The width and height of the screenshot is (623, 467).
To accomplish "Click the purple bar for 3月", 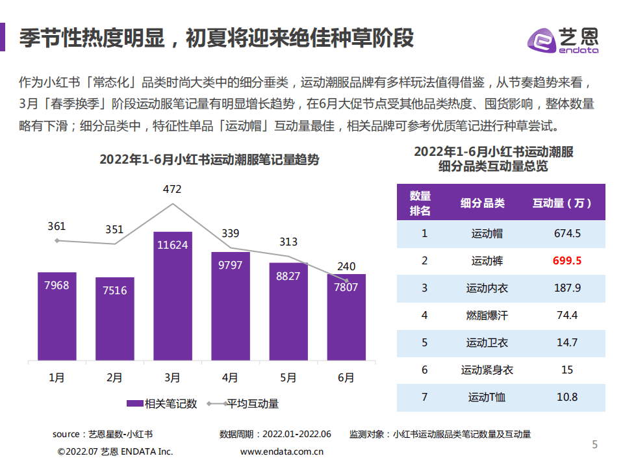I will [172, 296].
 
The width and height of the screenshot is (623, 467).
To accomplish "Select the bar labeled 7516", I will [115, 318].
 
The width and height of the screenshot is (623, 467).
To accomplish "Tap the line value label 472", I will [172, 190].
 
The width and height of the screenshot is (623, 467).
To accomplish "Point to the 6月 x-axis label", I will [346, 377].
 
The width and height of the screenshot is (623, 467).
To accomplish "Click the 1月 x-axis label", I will [57, 377].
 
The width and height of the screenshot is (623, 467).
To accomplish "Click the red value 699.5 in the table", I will [566, 260].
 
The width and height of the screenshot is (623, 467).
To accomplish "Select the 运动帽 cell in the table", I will [487, 233].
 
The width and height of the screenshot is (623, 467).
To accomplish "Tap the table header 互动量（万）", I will [562, 203].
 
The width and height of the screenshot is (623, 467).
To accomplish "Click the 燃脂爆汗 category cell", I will [487, 315].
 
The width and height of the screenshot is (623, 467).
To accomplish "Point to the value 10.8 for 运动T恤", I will [566, 397].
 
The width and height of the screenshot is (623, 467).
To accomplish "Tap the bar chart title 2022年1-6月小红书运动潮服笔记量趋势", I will [209, 160].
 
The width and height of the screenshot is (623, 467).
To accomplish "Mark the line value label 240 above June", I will [346, 266].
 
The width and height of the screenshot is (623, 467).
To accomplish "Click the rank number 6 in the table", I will [424, 370].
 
